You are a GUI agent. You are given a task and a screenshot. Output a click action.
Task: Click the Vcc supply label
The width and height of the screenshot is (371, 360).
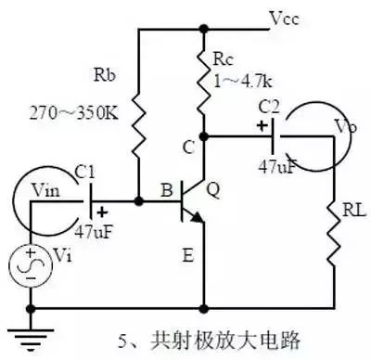pos(284,19)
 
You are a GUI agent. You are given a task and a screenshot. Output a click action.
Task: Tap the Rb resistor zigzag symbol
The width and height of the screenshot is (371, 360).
pos(138,125)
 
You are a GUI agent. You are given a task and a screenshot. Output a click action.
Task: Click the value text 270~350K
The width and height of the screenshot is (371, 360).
pos(74,113)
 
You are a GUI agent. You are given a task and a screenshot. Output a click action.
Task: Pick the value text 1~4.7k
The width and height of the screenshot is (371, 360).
pos(243,82)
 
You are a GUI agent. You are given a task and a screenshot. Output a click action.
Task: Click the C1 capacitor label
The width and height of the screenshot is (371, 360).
pos(85,174)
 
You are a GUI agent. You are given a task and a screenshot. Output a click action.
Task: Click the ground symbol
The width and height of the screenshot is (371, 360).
pos(31,340)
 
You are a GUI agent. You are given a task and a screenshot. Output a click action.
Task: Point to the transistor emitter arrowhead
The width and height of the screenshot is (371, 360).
pos(197,218)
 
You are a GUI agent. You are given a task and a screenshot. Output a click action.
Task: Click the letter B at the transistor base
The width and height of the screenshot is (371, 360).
pos(167,190)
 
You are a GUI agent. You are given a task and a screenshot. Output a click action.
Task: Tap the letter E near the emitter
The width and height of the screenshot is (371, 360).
pos(188,256)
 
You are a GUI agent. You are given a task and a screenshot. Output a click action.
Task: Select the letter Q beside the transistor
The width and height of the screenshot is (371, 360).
pos(213,190)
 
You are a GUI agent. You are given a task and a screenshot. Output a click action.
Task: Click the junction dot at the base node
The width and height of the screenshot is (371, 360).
pos(139,201)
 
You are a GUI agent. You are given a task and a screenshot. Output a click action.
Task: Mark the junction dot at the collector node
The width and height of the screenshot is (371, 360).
pos(204,136)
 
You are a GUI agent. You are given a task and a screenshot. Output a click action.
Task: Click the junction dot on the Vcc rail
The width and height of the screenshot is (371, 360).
pos(204,29)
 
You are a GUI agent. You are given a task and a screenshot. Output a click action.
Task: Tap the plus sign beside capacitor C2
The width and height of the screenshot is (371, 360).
pos(262,126)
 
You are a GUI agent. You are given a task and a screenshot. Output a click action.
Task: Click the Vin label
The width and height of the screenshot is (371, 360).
pos(46,191)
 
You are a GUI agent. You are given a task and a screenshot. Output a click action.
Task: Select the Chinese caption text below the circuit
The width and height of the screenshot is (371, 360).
pos(209,341)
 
